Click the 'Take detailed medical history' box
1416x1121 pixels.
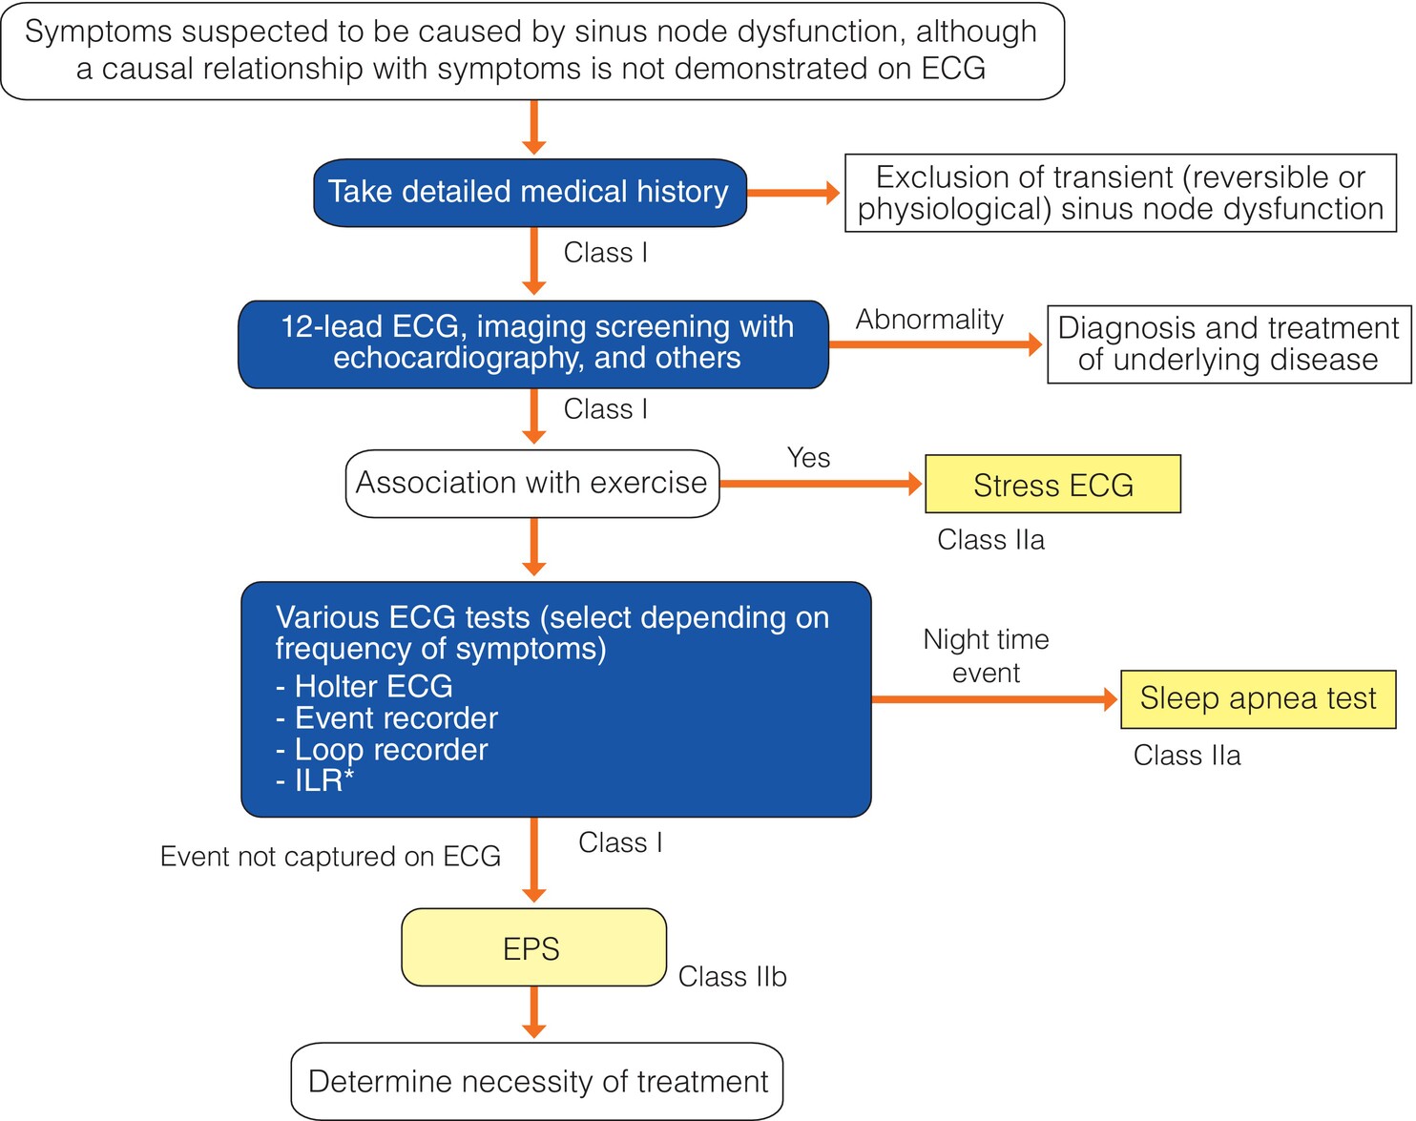pos(530,193)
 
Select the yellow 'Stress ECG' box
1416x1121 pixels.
pos(1052,485)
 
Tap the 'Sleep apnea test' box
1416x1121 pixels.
pos(1258,699)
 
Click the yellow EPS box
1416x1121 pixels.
pos(533,947)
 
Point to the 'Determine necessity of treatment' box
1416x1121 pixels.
pos(537,1082)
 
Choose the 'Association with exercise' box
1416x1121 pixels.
pos(532,484)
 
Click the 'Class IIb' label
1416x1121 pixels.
pos(733,977)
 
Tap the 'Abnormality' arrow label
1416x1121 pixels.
pos(929,320)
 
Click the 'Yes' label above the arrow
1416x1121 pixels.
pos(809,457)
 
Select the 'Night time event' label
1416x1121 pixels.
pos(986,655)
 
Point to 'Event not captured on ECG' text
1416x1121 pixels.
pos(330,857)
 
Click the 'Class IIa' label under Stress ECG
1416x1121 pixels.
pos(990,540)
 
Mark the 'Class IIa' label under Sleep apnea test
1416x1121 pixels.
pos(1186,756)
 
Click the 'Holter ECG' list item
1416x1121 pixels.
pos(364,686)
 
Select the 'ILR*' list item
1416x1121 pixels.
pos(315,781)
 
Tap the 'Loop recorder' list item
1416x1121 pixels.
pos(382,749)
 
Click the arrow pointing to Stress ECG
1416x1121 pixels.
pos(822,484)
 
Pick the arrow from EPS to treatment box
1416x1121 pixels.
pos(533,1012)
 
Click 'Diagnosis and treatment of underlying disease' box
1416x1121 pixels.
pos(1228,344)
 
